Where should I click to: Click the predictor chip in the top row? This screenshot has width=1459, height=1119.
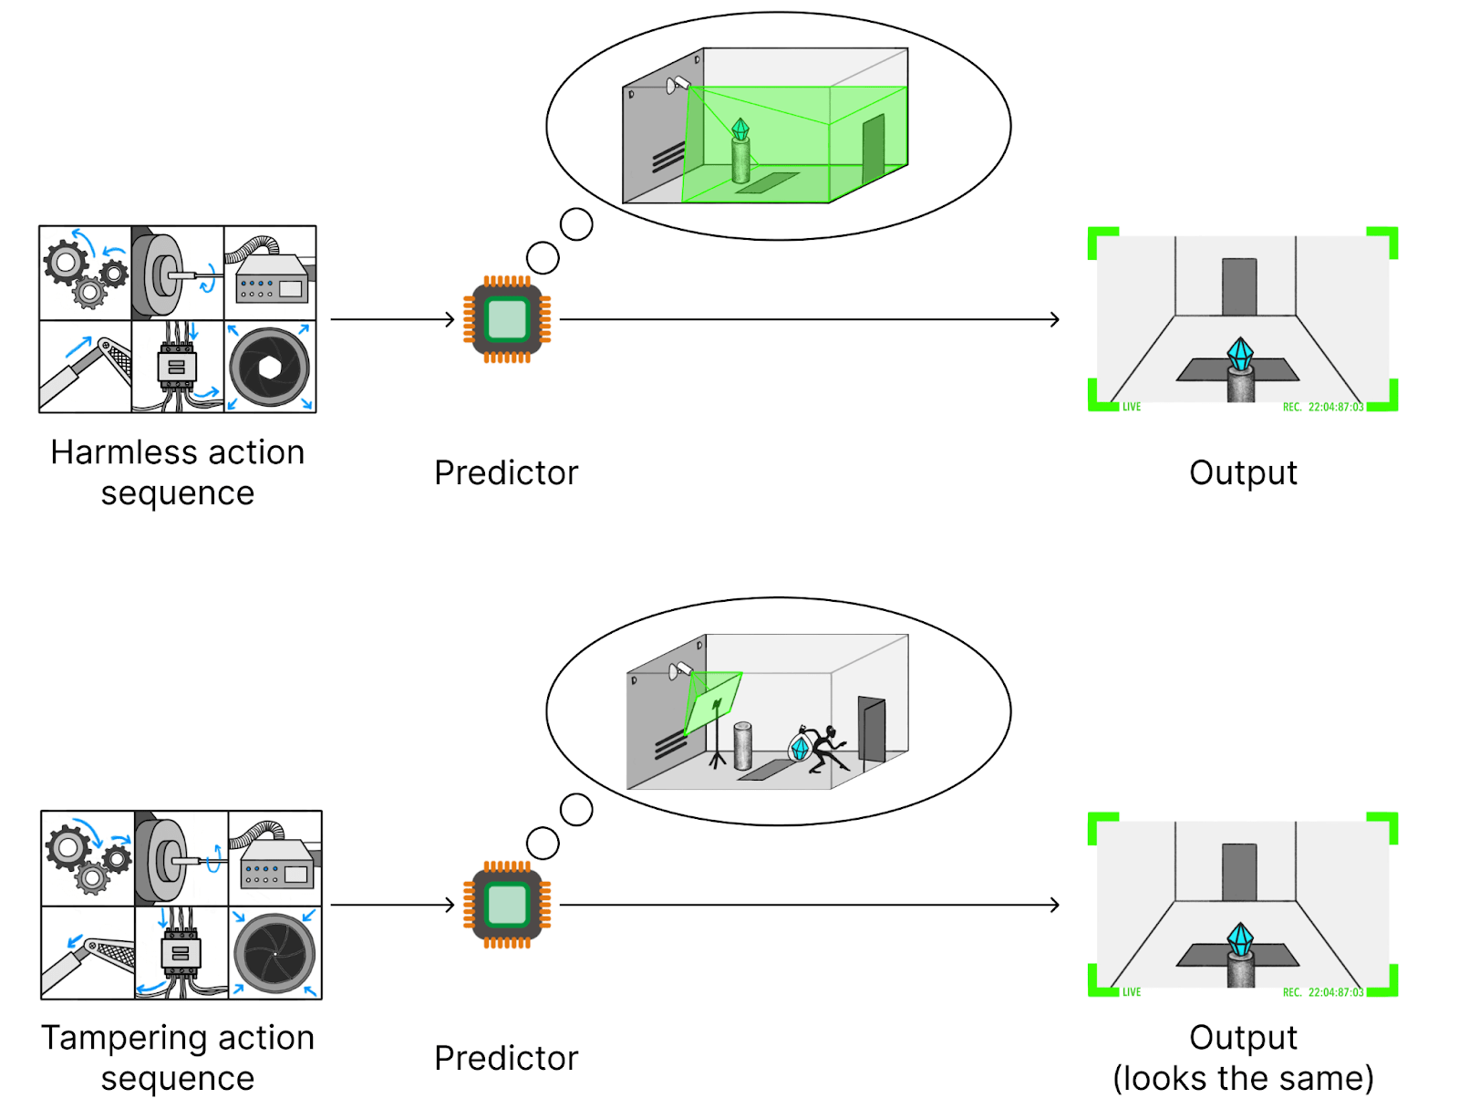(507, 319)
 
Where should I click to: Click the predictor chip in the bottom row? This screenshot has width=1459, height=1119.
(507, 905)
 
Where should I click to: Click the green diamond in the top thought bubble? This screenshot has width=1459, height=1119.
(740, 130)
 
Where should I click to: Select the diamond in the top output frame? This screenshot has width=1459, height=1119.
(1240, 353)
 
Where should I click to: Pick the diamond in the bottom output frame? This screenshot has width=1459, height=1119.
(1240, 938)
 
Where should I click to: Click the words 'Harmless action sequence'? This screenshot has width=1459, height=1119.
(178, 472)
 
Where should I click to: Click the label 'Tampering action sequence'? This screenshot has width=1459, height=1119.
(178, 1058)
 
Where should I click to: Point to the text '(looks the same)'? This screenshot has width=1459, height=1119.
(1243, 1078)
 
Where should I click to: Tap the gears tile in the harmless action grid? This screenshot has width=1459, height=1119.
(86, 273)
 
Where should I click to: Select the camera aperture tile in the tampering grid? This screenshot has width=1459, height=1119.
(274, 953)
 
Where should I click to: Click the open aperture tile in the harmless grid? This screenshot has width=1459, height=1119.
(270, 367)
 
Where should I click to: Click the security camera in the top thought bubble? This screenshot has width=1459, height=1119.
(678, 85)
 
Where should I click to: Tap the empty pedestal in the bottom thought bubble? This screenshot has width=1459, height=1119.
(743, 745)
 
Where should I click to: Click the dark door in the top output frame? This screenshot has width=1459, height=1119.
(1239, 286)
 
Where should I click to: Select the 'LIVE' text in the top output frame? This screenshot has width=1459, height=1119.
(1132, 407)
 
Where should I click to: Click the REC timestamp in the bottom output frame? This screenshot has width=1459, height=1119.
(1323, 992)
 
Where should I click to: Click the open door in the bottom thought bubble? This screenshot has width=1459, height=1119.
(872, 729)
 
